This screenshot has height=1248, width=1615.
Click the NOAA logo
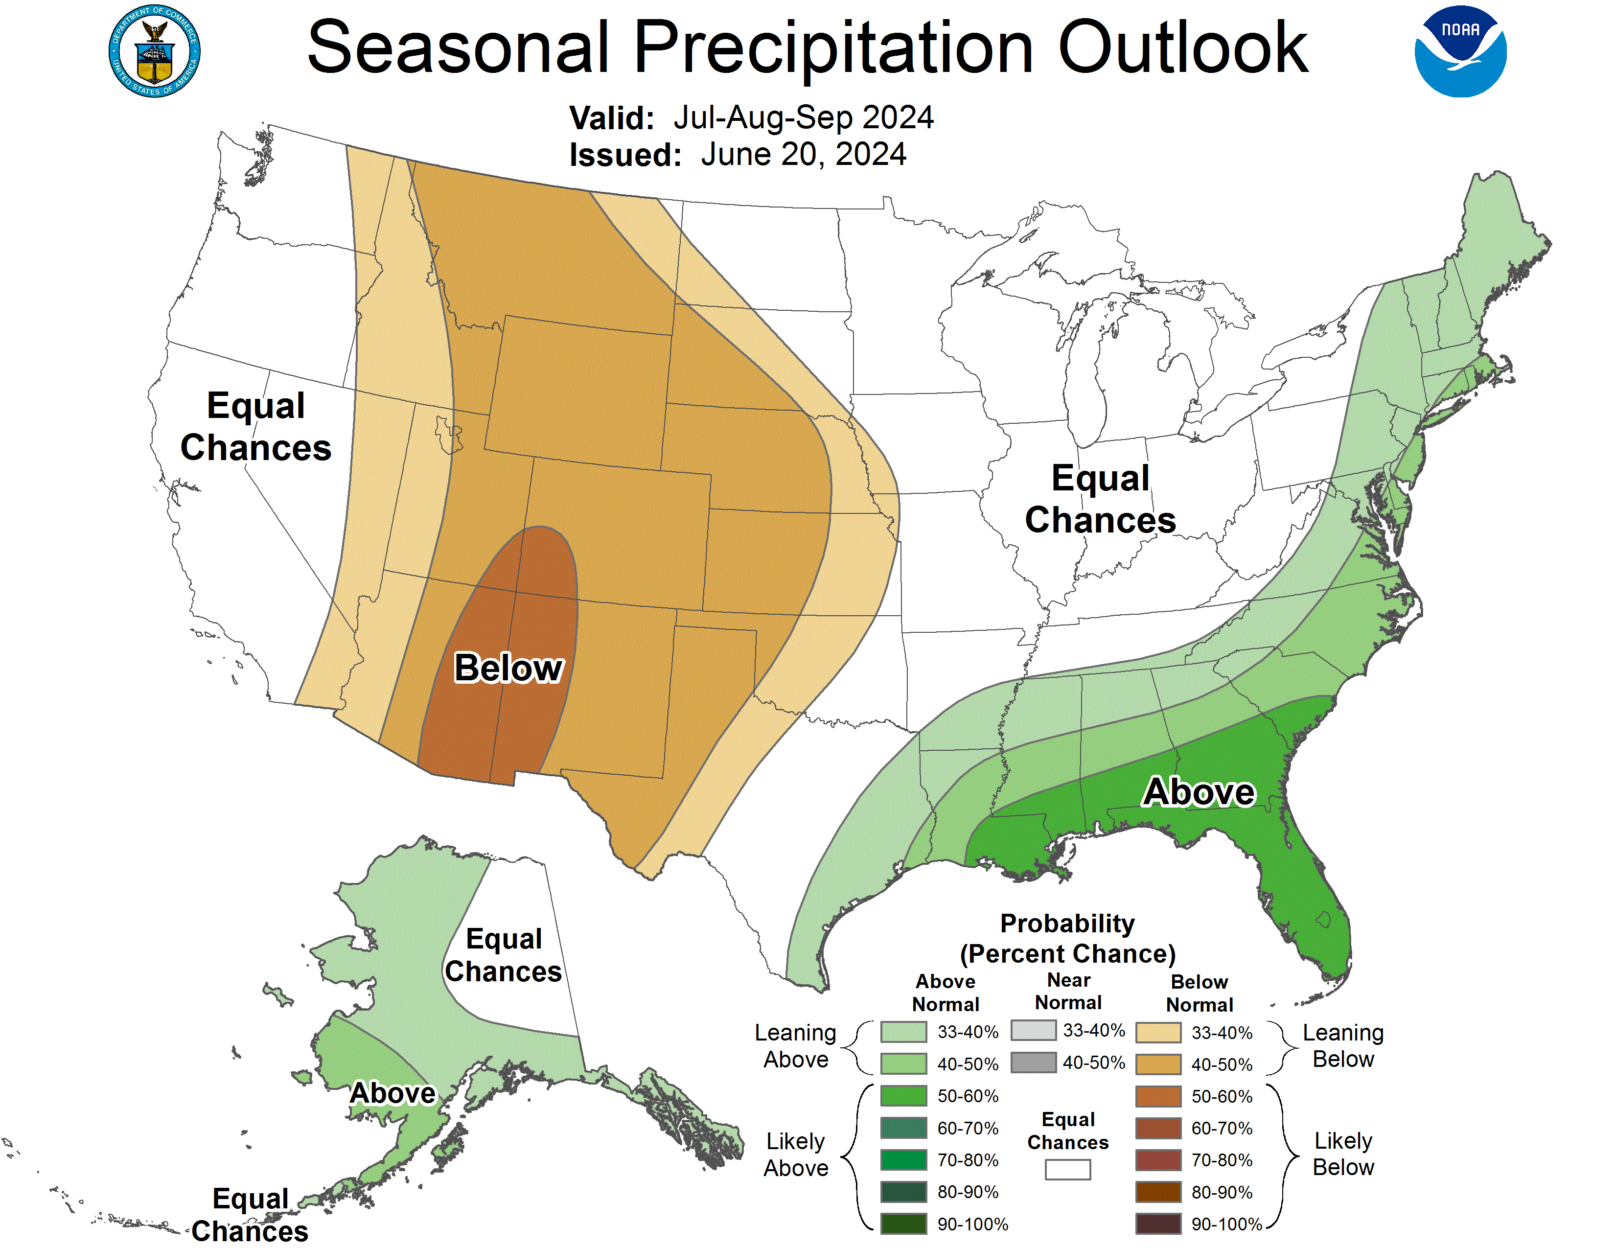point(1460,52)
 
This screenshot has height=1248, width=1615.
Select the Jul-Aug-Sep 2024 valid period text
point(803,117)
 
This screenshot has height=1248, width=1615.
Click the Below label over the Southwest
point(509,668)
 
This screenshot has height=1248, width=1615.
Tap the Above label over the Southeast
point(1199,792)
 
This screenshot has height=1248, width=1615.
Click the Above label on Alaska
point(392,1093)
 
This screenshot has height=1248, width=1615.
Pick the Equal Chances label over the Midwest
point(1100,499)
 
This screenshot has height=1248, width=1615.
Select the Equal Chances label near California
point(256,427)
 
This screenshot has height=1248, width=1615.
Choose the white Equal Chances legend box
point(1067,1169)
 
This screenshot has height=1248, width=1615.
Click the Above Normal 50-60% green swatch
point(903,1096)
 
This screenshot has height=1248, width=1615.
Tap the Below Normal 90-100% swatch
point(1158,1224)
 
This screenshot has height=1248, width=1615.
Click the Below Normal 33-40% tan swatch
point(1158,1032)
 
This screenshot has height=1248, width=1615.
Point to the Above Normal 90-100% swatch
point(903,1224)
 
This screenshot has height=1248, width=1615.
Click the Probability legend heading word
point(1067,924)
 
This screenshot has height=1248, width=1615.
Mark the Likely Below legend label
point(1343,1154)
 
